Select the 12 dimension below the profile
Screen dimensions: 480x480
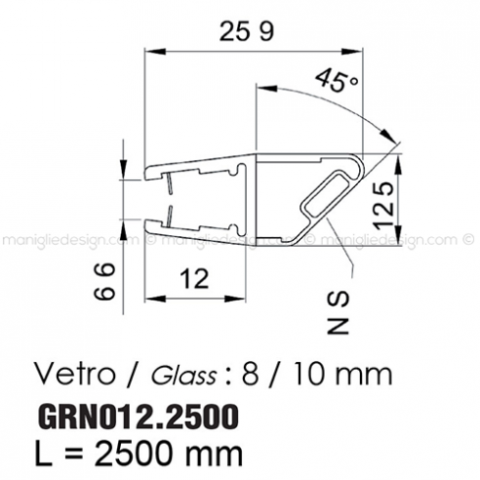[x=196, y=280]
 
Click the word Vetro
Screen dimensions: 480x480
[x=69, y=374]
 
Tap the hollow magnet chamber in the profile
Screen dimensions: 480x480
[x=327, y=194]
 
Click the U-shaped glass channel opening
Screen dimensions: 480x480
[x=171, y=200]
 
